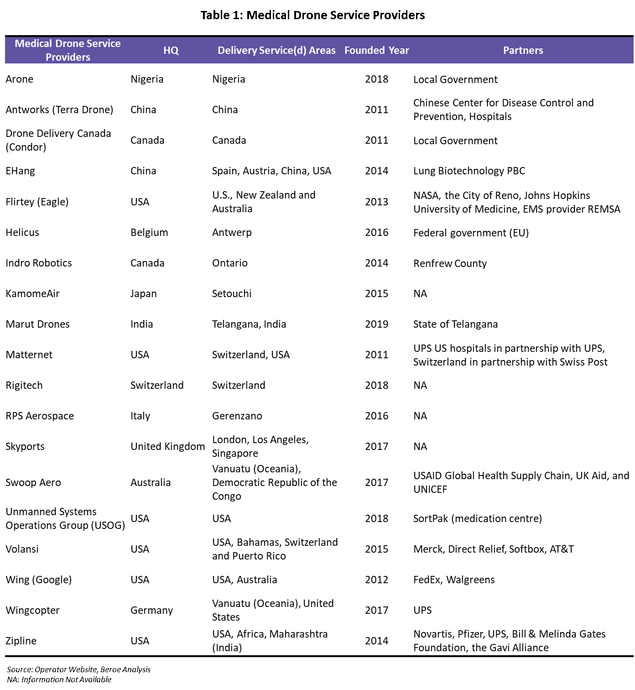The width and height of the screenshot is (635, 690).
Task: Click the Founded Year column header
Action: coord(376,50)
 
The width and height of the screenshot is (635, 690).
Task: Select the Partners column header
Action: coord(523,50)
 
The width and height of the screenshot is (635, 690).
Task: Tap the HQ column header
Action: coord(171,50)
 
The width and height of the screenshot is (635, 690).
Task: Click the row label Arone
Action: coord(20,79)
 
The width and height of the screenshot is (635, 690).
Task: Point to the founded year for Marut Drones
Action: coord(376,324)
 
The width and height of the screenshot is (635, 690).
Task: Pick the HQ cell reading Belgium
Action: coord(149,232)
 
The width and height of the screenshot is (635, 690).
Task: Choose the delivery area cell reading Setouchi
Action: coord(232,293)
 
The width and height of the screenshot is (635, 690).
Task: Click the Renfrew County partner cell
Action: coord(450,263)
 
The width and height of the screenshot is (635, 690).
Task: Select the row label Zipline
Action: coord(21,641)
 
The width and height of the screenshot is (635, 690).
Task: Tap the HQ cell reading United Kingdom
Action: coord(167,446)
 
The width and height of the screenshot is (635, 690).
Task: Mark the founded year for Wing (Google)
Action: coord(376,580)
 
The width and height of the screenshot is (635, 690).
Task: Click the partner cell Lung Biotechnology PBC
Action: coord(469,171)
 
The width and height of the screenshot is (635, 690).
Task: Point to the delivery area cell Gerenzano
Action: coord(237,416)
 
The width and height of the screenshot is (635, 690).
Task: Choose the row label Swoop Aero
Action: coord(33,482)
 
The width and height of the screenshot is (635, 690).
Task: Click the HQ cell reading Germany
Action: coord(151,610)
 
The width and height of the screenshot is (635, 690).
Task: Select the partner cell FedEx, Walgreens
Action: coord(454,580)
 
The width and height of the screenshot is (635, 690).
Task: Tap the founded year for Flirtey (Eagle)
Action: coord(376,202)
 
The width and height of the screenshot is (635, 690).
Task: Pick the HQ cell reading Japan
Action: coord(143,293)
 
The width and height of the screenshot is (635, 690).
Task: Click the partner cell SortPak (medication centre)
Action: coord(478,518)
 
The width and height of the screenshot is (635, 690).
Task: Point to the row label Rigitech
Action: coord(24,385)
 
